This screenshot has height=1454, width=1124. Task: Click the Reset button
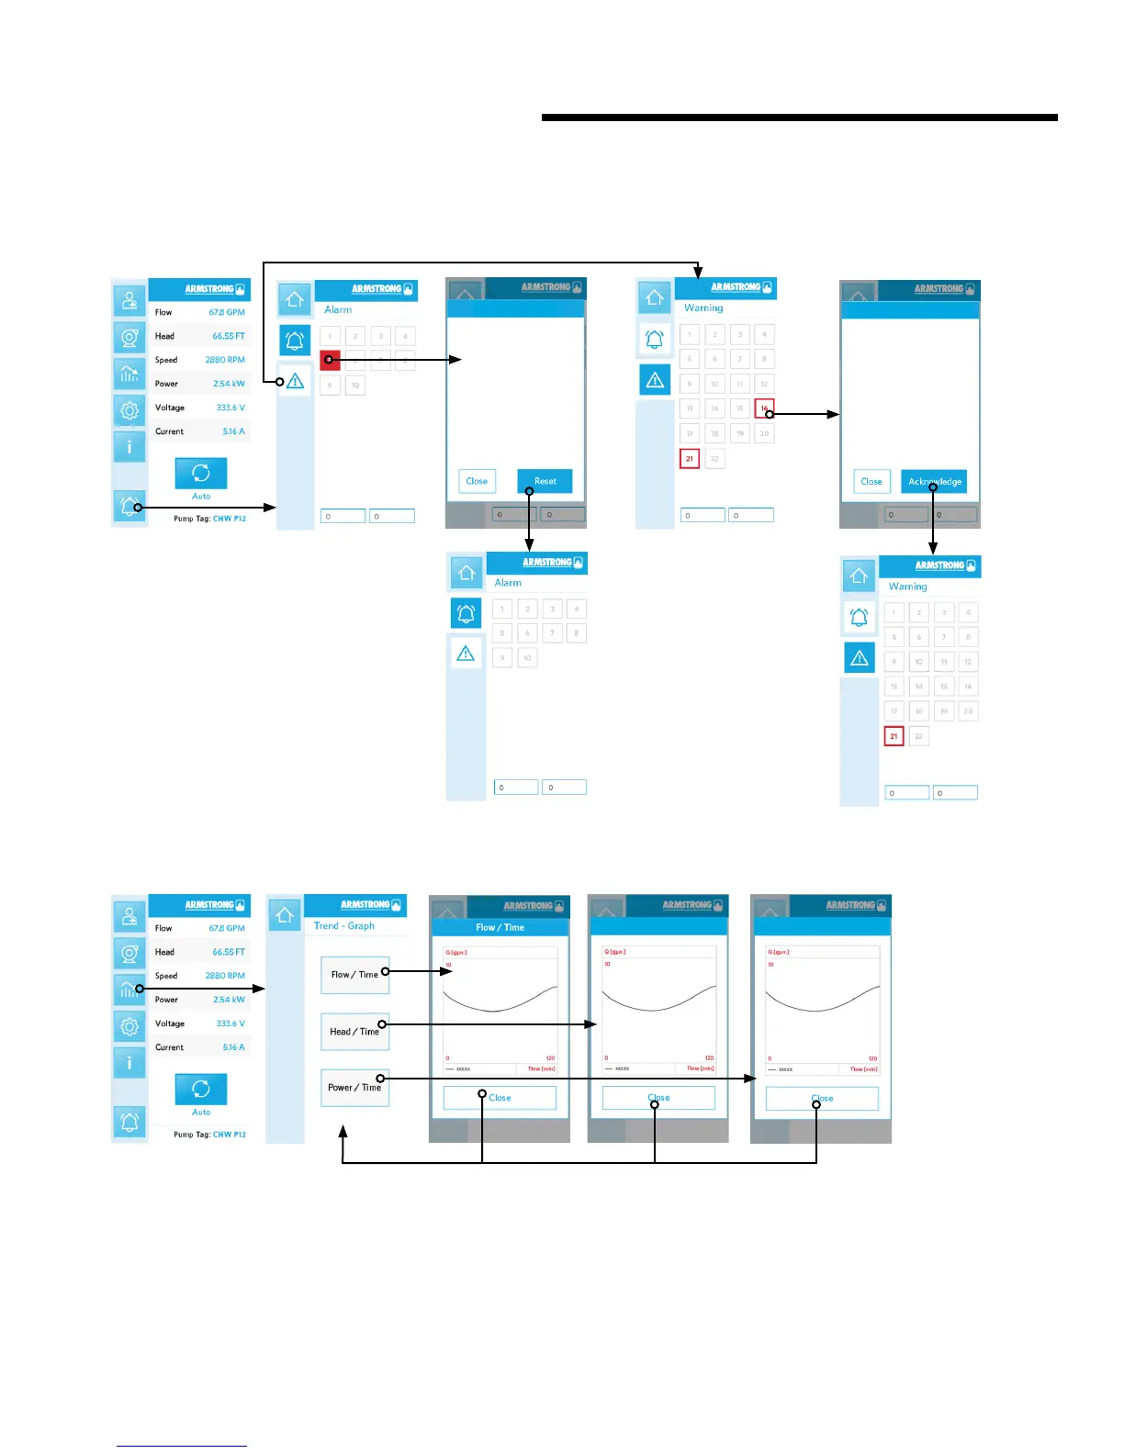pyautogui.click(x=545, y=481)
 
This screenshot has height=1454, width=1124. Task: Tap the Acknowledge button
pyautogui.click(x=934, y=481)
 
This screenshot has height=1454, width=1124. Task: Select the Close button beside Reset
pyautogui.click(x=477, y=481)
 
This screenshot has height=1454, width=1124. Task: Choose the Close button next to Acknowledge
pyautogui.click(x=871, y=481)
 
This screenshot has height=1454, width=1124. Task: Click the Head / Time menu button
pyautogui.click(x=354, y=1032)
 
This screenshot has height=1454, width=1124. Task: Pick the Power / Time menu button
pyautogui.click(x=354, y=1088)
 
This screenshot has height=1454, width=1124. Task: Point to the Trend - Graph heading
pyautogui.click(x=344, y=926)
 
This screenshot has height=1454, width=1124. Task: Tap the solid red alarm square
pyautogui.click(x=330, y=360)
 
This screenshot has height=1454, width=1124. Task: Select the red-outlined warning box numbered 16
pyautogui.click(x=764, y=408)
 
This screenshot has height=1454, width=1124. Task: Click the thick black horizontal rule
pyautogui.click(x=799, y=117)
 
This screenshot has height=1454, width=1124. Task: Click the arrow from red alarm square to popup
pyautogui.click(x=395, y=360)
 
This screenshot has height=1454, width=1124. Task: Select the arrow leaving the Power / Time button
pyautogui.click(x=569, y=1079)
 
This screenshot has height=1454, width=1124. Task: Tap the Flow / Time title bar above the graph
pyautogui.click(x=500, y=927)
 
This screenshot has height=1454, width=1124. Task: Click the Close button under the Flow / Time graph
pyautogui.click(x=500, y=1098)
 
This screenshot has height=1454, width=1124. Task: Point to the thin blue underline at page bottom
pyautogui.click(x=182, y=1446)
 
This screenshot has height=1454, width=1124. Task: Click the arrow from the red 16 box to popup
pyautogui.click(x=804, y=414)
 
